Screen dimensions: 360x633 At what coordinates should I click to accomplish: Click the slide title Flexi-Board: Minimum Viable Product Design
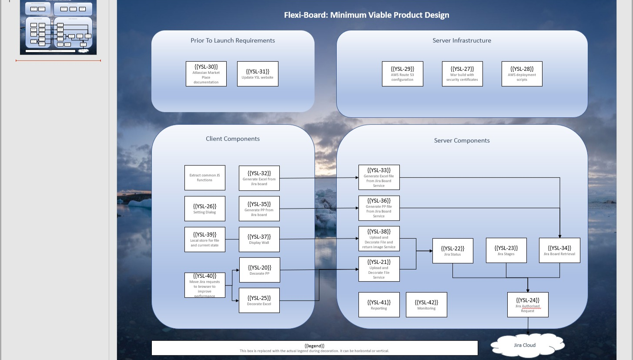366,15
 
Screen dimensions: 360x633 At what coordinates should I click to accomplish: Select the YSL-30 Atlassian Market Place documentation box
206,74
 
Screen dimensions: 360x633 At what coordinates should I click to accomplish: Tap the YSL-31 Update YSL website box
258,74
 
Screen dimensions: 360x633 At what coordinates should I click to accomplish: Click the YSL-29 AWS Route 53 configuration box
402,74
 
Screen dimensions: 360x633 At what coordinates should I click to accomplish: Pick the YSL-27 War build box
462,74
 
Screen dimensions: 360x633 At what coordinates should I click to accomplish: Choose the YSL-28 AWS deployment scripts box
522,74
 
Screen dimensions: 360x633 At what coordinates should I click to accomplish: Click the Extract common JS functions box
205,178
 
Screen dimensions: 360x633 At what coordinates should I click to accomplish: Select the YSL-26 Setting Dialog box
205,209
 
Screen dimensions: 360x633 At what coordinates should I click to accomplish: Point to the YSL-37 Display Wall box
259,240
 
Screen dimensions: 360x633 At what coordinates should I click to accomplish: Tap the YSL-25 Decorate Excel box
259,300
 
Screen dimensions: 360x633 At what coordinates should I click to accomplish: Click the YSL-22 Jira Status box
452,251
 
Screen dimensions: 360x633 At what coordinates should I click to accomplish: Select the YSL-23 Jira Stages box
506,250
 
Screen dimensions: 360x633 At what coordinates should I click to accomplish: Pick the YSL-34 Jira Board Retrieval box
559,250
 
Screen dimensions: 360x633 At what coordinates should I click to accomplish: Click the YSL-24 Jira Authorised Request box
527,305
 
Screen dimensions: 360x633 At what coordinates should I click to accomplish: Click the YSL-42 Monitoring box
426,305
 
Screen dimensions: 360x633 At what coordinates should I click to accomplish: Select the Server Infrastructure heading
462,40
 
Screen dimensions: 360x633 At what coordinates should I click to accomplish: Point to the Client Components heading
233,139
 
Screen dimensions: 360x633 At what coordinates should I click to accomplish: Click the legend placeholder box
314,348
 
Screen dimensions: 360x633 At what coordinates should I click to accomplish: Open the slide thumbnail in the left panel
58,27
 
